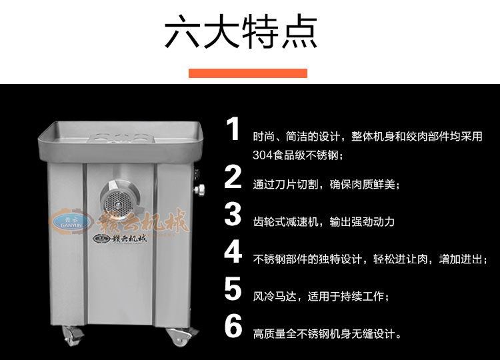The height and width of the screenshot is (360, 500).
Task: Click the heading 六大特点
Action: (241, 31)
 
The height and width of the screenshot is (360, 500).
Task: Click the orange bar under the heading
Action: (248, 73)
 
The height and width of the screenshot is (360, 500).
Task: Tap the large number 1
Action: (233, 129)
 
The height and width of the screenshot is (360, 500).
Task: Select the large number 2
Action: (233, 176)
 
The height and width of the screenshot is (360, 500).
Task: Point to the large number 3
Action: (233, 214)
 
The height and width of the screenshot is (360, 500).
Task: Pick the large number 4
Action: (233, 251)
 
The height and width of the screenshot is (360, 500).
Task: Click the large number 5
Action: (233, 289)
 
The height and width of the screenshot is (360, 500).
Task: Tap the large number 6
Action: (233, 326)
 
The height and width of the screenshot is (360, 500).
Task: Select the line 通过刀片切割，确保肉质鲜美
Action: (326, 184)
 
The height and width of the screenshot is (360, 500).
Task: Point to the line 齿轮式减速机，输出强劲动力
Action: (323, 221)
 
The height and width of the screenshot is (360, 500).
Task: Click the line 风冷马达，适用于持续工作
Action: (321, 297)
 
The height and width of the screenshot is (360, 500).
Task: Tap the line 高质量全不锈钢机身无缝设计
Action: (327, 334)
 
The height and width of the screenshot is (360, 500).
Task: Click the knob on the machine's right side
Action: (199, 190)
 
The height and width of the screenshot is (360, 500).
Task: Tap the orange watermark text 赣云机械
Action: (143, 221)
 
